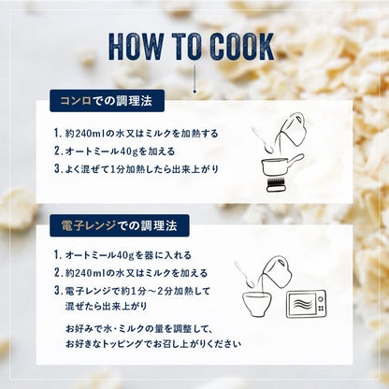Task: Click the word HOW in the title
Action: tap(137, 46)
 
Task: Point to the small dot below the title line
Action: tap(194, 92)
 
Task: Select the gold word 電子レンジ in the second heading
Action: tap(89, 225)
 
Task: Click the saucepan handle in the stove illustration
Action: tap(295, 160)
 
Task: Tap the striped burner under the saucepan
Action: tap(276, 184)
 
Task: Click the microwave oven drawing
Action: tap(306, 305)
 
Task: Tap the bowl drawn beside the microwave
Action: tap(257, 304)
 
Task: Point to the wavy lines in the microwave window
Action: tap(302, 304)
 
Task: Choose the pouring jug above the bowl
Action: tap(278, 272)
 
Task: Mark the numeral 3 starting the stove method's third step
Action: tap(57, 168)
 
